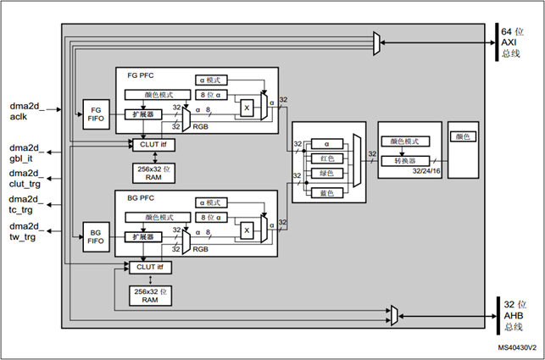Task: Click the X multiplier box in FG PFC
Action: (x=247, y=108)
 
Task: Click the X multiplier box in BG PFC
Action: (x=247, y=230)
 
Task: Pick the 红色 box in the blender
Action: (x=327, y=159)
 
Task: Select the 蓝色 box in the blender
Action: (x=327, y=192)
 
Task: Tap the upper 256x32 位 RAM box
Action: (x=150, y=172)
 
